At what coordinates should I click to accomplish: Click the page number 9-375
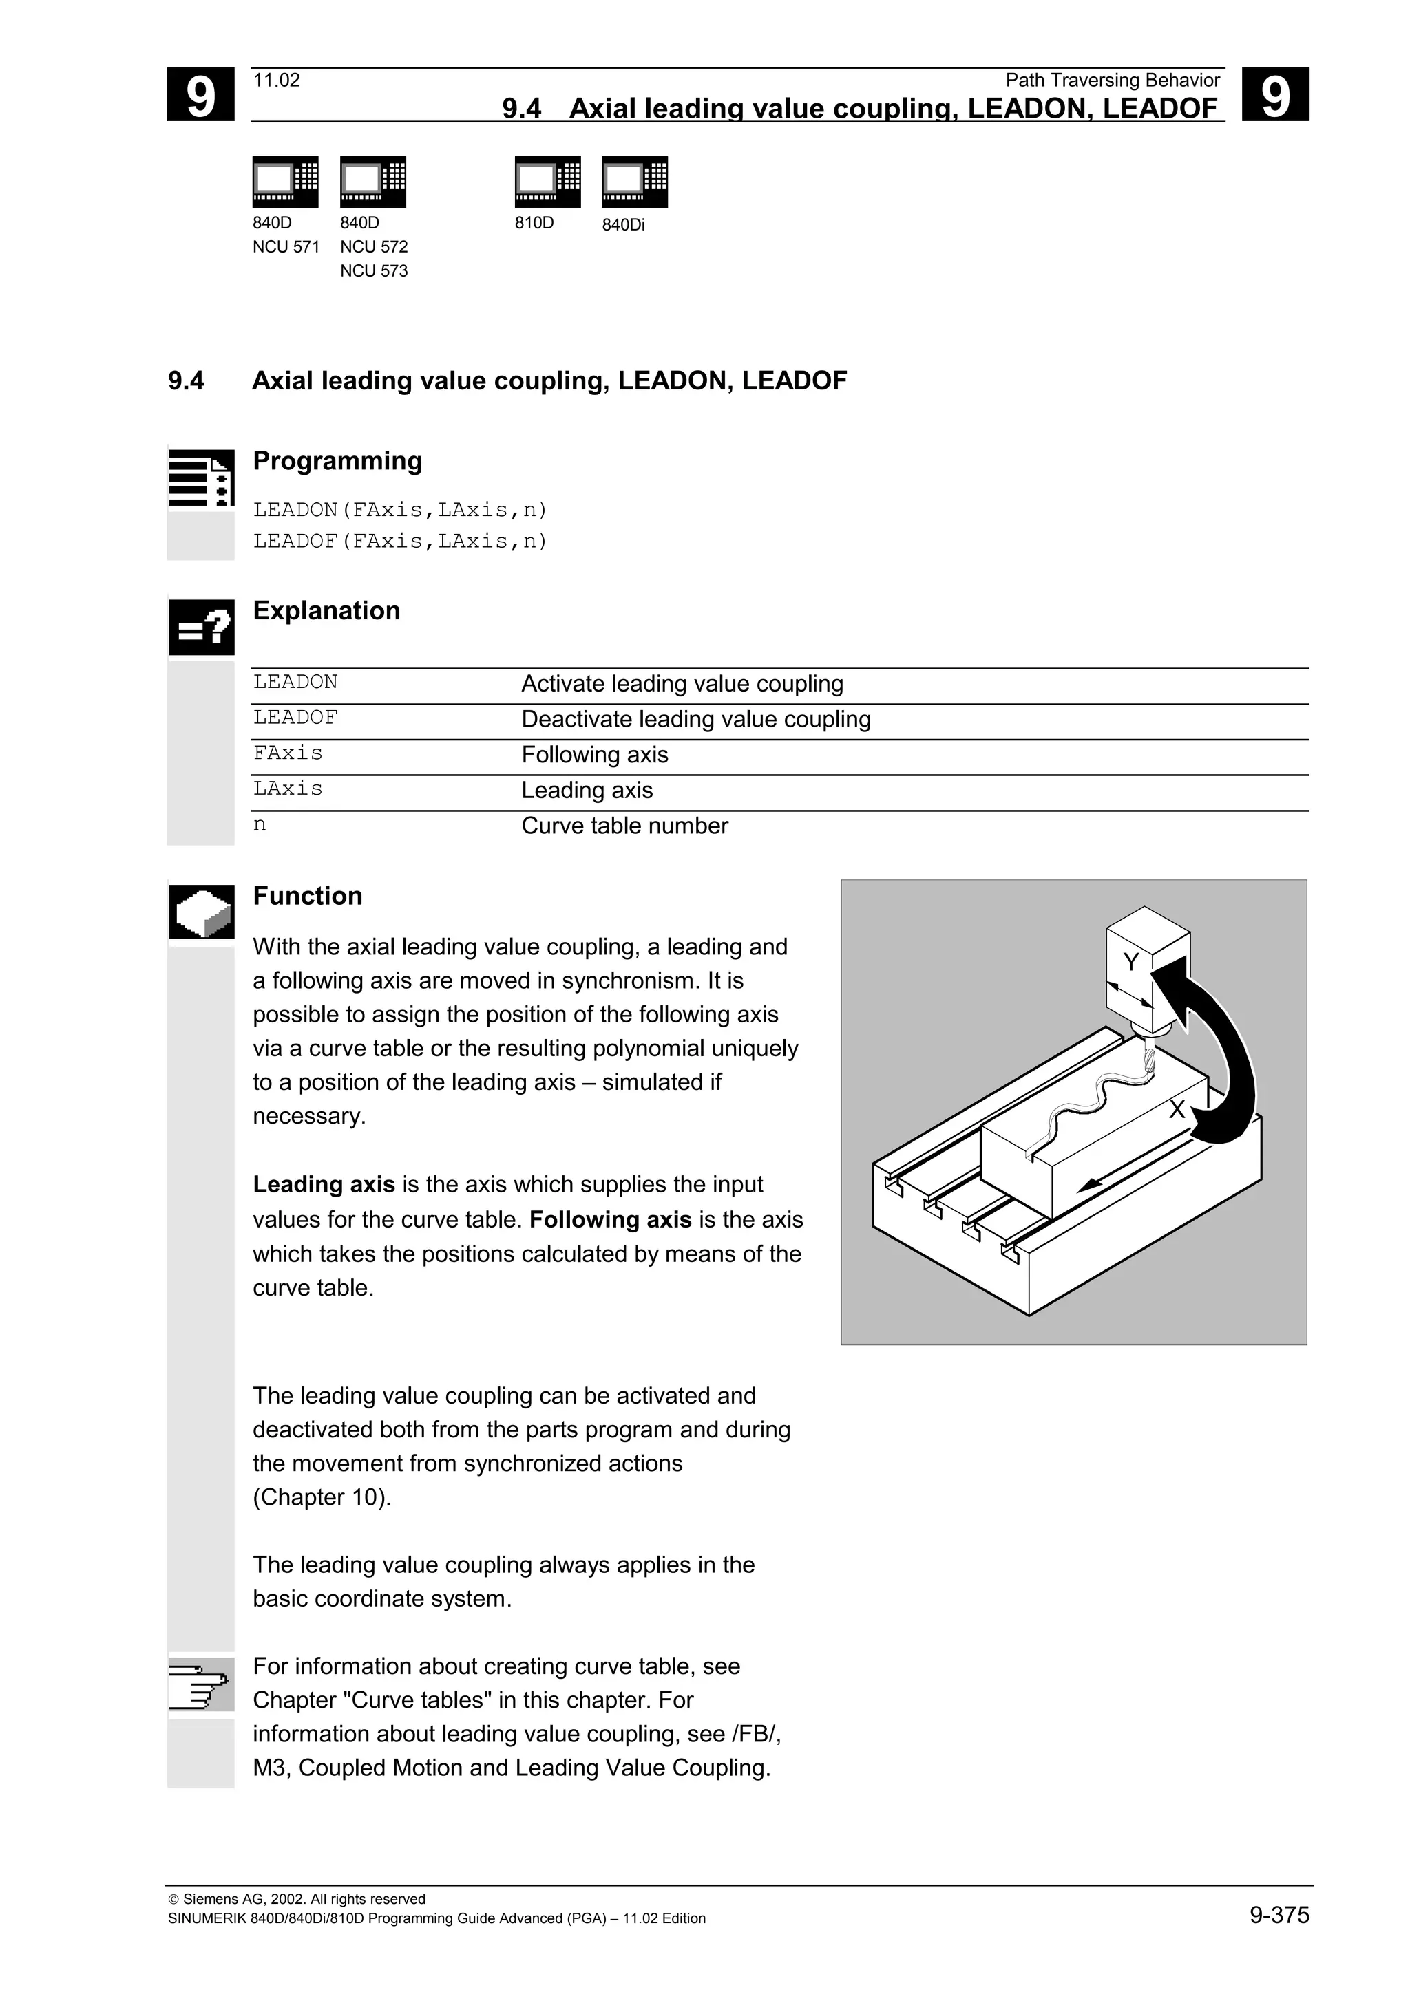[1279, 1915]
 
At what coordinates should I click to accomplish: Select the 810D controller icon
[547, 182]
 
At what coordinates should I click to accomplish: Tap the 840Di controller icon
[634, 182]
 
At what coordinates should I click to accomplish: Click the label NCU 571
[286, 246]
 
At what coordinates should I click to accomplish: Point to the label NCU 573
[374, 271]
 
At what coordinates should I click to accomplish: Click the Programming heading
[337, 461]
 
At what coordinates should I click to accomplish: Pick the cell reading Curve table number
[624, 826]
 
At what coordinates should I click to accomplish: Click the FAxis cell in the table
[288, 753]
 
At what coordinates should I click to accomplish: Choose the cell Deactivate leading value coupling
[696, 719]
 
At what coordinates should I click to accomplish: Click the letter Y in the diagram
[1130, 963]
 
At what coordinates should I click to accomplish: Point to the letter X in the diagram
[1177, 1110]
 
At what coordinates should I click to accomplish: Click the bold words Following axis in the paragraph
[610, 1219]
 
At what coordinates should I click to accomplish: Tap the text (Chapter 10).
[322, 1497]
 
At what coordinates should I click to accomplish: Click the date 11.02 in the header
[276, 81]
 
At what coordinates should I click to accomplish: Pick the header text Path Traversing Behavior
[1112, 81]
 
